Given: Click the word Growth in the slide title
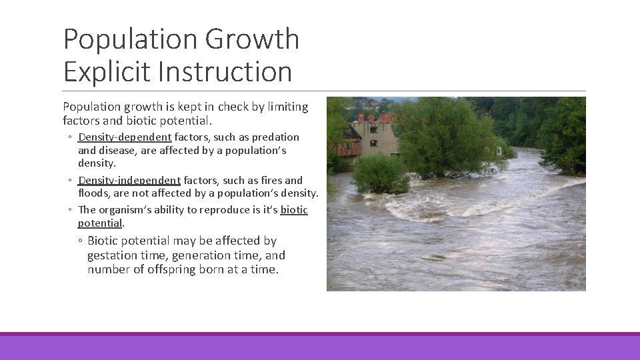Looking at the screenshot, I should (x=252, y=40).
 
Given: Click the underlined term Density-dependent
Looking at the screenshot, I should (x=125, y=137).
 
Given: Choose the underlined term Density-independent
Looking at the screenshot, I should (x=129, y=181).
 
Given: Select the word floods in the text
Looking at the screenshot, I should (x=94, y=194).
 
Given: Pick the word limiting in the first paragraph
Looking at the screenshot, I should (x=287, y=107).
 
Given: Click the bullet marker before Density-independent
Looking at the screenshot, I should (x=71, y=181).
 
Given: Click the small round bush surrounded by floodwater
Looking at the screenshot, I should (x=380, y=174).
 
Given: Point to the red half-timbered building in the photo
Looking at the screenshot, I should (x=349, y=147).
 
